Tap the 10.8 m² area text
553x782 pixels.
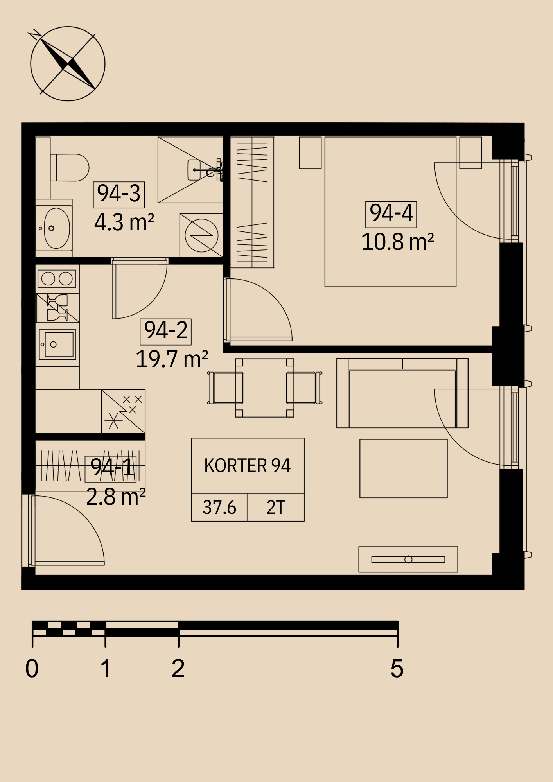[397, 242]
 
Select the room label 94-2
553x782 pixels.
[166, 331]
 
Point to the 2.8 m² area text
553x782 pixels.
[116, 497]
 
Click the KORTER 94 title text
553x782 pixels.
[248, 466]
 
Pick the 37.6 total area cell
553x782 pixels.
[219, 508]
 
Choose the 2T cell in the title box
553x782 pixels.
[276, 508]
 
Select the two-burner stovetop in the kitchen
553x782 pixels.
[57, 279]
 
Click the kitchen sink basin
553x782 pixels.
[57, 344]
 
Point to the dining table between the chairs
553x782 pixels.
[264, 388]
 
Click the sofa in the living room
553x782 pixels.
[402, 393]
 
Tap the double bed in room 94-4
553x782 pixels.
[390, 212]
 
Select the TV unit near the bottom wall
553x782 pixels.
[408, 560]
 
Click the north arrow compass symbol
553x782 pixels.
[68, 64]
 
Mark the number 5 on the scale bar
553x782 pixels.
[397, 669]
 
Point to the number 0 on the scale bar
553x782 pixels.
[32, 669]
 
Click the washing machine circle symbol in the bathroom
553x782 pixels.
[201, 235]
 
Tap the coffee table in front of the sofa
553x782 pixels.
[404, 468]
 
